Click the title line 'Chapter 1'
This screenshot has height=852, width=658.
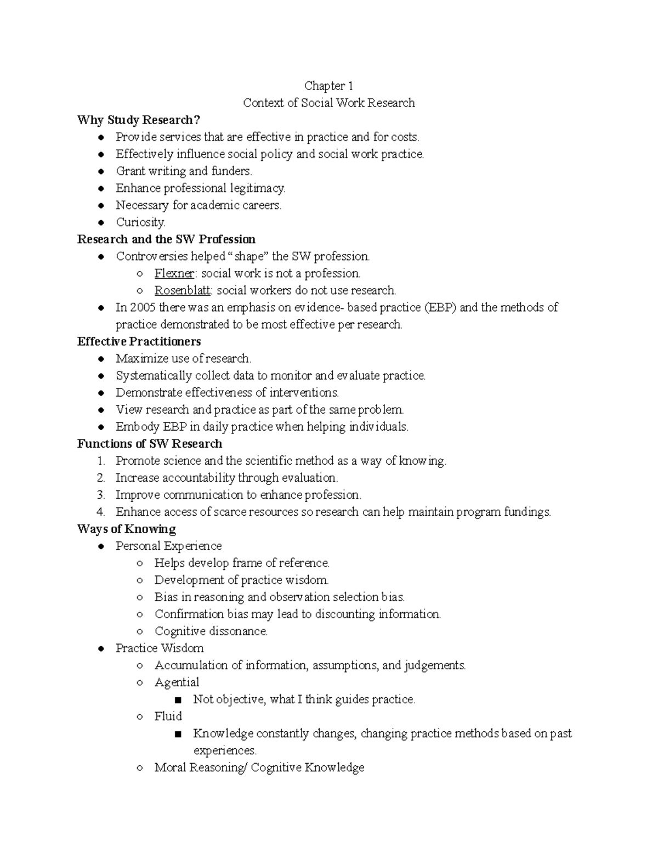pos(328,86)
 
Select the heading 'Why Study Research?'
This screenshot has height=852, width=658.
pos(139,120)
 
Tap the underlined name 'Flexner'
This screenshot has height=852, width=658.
pos(174,273)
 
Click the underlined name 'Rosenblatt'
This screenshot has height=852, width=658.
pos(182,290)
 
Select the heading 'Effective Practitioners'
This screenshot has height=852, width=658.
pos(139,342)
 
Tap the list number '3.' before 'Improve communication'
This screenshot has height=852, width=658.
pos(100,495)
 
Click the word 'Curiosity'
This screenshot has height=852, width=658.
pos(140,222)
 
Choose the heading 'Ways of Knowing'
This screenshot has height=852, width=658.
pos(127,529)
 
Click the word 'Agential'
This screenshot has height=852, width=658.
pos(177,682)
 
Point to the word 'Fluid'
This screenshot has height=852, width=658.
pos(168,716)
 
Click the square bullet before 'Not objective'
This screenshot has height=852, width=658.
pos(177,700)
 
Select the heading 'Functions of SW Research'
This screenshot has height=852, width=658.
pos(150,444)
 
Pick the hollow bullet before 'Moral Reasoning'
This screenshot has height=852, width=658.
pos(140,768)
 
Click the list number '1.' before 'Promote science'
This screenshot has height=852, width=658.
pos(100,461)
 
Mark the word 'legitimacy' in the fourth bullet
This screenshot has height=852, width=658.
pos(258,188)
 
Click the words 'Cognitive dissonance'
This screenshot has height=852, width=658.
pos(211,631)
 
